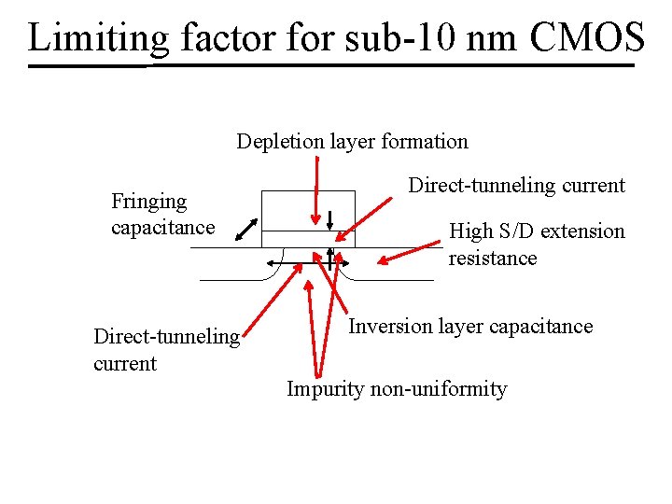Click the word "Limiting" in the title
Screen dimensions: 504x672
(x=98, y=37)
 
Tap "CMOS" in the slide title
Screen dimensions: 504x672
(x=587, y=37)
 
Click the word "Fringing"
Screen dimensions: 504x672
(x=148, y=202)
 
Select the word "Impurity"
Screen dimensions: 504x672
(x=324, y=389)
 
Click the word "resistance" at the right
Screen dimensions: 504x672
(x=492, y=258)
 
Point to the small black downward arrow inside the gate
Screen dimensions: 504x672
(x=330, y=220)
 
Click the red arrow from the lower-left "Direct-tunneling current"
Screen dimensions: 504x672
(x=271, y=299)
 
